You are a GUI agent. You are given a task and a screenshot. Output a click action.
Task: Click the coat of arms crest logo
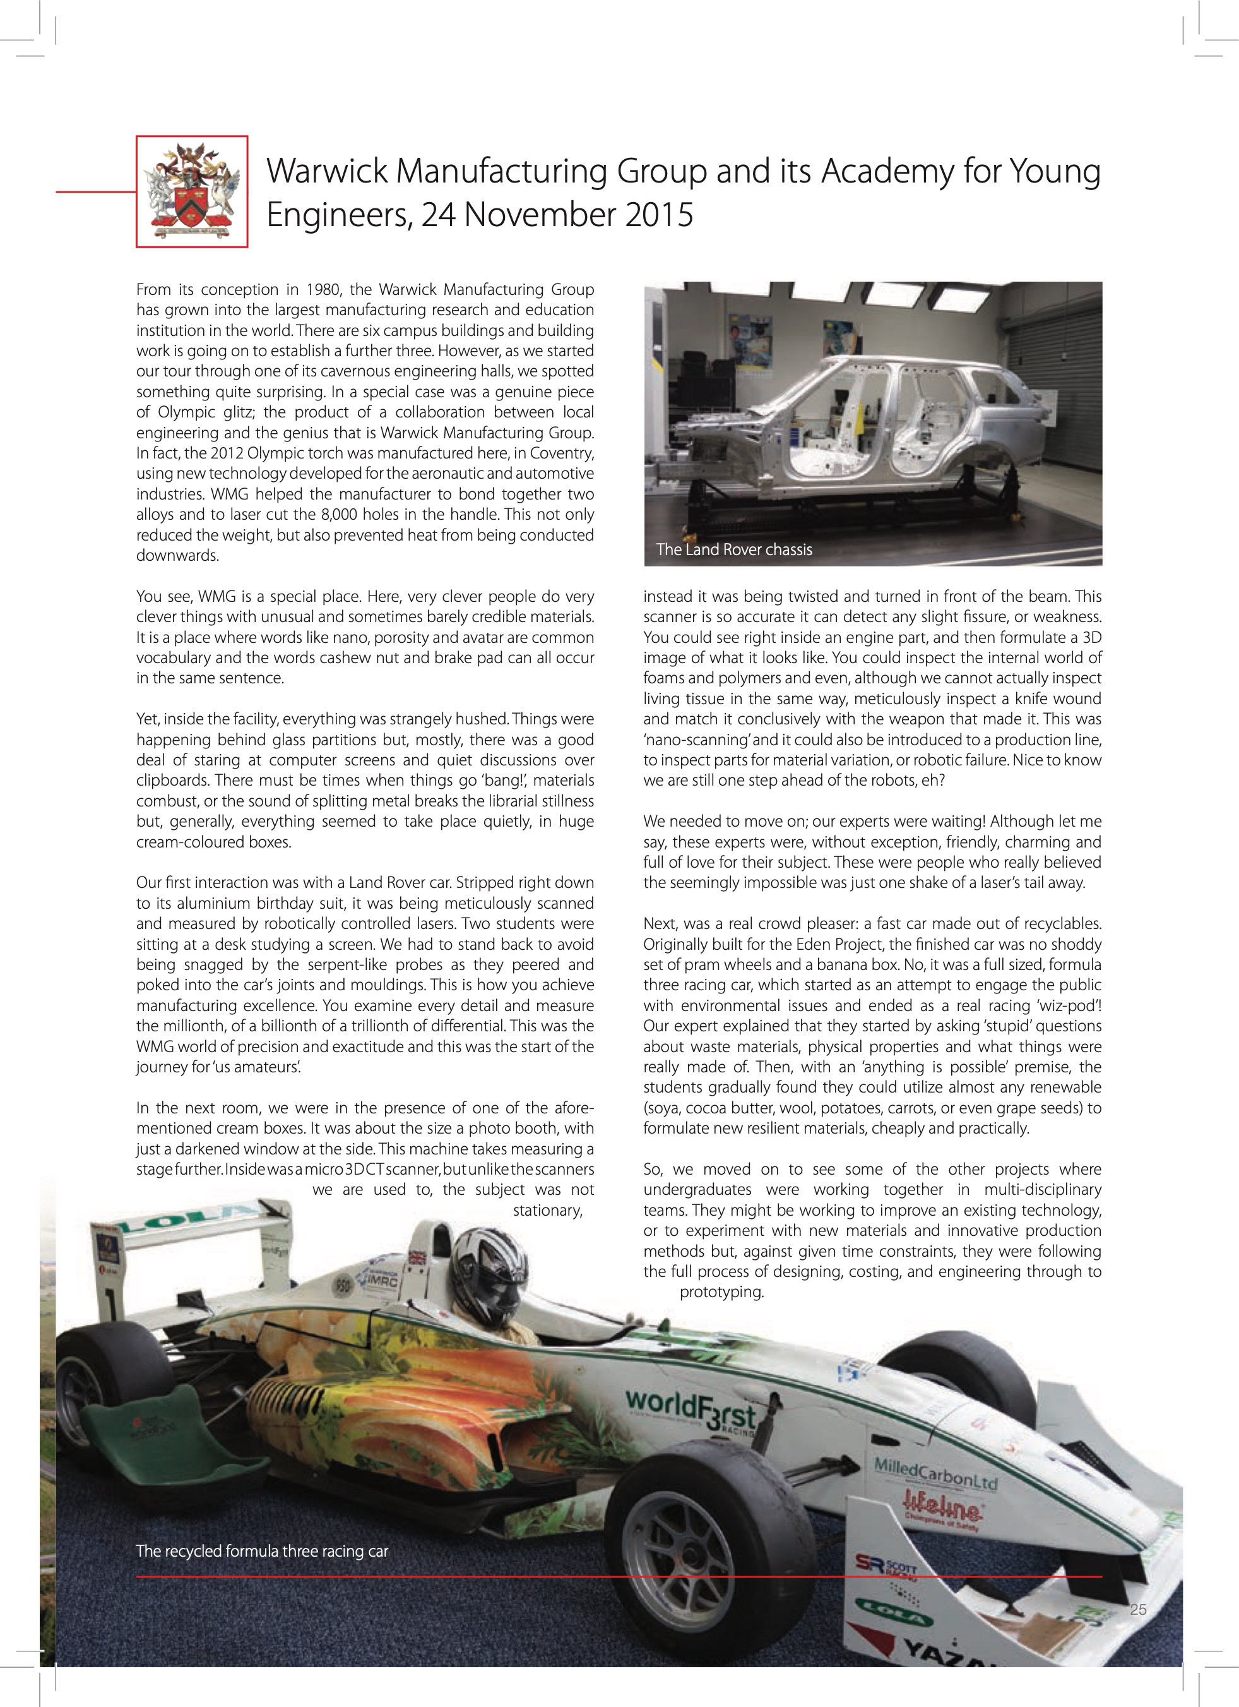pos(192,191)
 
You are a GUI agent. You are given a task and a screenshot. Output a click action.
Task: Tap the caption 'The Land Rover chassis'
pos(733,549)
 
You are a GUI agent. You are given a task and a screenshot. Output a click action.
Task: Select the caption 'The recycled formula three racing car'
pos(262,1551)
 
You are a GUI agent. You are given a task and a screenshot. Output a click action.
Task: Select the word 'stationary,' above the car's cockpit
pos(548,1210)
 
